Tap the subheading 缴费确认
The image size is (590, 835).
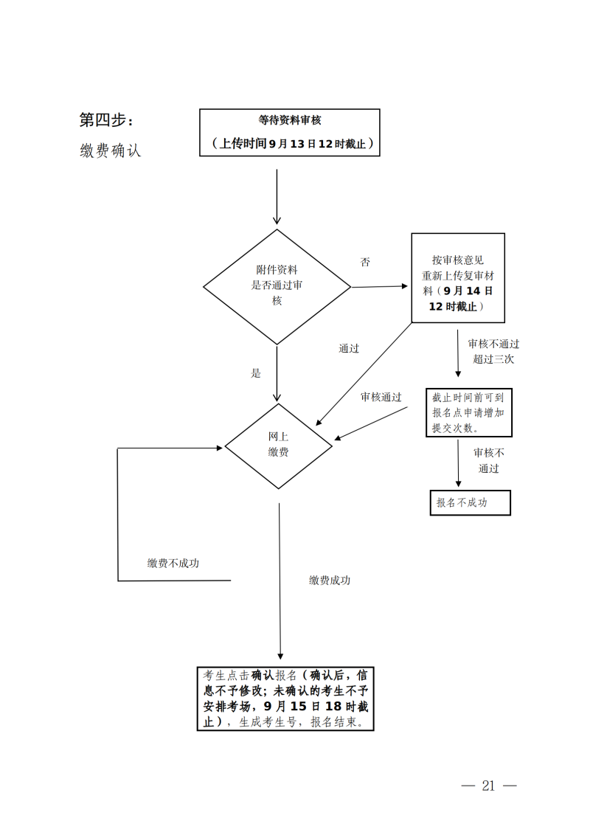pyautogui.click(x=111, y=150)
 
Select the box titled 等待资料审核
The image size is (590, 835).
pyautogui.click(x=290, y=132)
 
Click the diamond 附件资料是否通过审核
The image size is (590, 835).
pyautogui.click(x=277, y=286)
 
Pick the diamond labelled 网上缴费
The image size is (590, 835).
pyautogui.click(x=279, y=446)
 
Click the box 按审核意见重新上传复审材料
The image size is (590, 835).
pyautogui.click(x=458, y=278)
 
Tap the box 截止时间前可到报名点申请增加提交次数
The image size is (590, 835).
pyautogui.click(x=468, y=412)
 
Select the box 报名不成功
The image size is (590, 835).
pyautogui.click(x=470, y=502)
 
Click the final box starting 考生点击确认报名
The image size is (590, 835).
pyautogui.click(x=285, y=698)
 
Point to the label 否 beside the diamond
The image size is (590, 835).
pyautogui.click(x=365, y=262)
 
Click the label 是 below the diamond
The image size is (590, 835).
pyautogui.click(x=256, y=373)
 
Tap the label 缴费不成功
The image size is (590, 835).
pyautogui.click(x=173, y=564)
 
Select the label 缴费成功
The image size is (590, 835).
pyautogui.click(x=330, y=581)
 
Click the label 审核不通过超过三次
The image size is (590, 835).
pyautogui.click(x=493, y=351)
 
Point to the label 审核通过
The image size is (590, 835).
pyautogui.click(x=381, y=397)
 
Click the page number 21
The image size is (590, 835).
pyautogui.click(x=488, y=786)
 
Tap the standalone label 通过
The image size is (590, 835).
pyautogui.click(x=349, y=348)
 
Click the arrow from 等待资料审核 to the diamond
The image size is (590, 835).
pyautogui.click(x=277, y=196)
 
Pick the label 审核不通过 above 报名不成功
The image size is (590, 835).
pyautogui.click(x=489, y=460)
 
